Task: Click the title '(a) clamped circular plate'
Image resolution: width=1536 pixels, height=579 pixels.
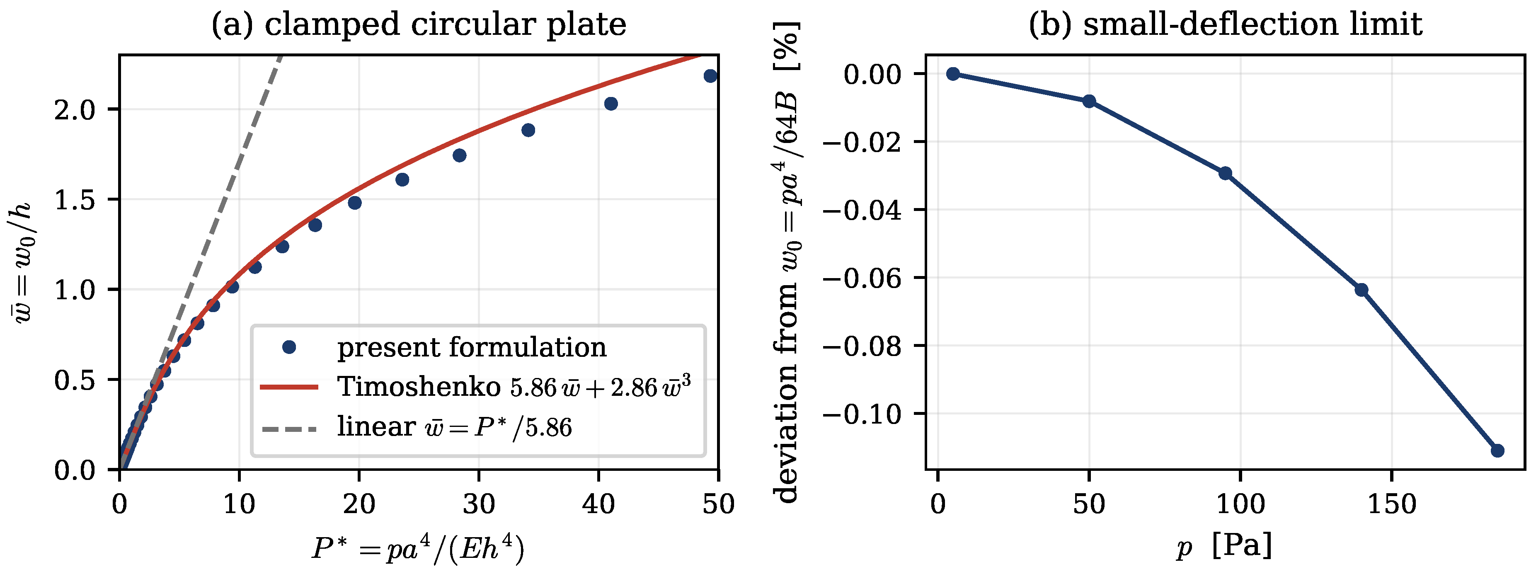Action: (x=419, y=25)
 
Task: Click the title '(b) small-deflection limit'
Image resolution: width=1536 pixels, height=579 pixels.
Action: (x=1225, y=25)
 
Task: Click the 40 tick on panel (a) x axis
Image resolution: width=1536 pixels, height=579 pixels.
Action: (x=598, y=504)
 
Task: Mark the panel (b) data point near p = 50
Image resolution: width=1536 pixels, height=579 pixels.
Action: (x=1089, y=102)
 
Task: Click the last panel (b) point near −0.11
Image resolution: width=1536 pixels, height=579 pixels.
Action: (x=1497, y=451)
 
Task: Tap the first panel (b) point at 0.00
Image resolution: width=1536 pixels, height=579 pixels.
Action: (x=953, y=74)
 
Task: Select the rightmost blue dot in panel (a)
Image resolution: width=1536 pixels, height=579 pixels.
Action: (x=710, y=76)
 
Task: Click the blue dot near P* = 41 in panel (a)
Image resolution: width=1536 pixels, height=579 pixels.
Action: (x=611, y=104)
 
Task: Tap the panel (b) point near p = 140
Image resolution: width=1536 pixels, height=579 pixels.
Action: (x=1361, y=290)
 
